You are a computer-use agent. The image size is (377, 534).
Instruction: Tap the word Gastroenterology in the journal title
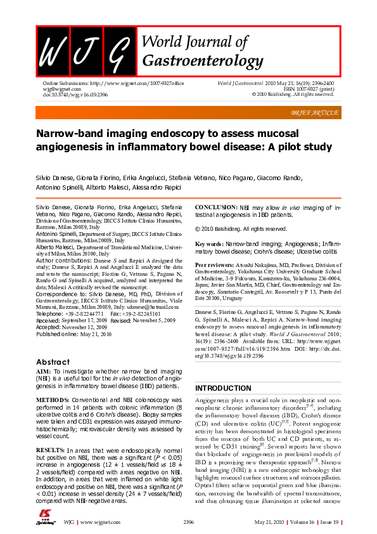click(x=203, y=61)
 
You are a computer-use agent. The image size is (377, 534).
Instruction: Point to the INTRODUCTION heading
click(x=223, y=388)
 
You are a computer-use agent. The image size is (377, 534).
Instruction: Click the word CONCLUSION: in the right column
click(x=215, y=207)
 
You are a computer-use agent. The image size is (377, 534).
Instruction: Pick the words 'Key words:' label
click(x=208, y=244)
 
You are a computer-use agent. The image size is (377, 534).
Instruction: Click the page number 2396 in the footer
click(x=188, y=522)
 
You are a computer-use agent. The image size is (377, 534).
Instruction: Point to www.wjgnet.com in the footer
click(x=96, y=522)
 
